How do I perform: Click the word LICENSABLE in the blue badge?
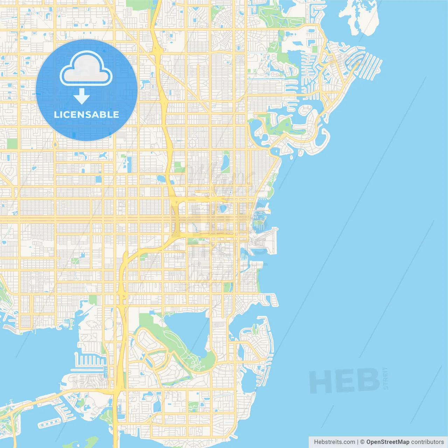coord(86,114)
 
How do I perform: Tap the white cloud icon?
coord(86,69)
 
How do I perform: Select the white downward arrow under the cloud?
coord(82,96)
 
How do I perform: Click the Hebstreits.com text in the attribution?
coord(334,442)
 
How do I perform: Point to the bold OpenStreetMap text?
coord(387,442)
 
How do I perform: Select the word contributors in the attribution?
coord(427,442)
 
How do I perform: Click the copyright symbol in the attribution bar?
coord(363,442)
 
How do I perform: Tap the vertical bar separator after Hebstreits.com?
coord(358,442)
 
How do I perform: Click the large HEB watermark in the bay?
coord(344,380)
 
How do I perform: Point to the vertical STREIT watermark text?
coord(386,378)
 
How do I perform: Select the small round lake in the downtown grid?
coord(223,209)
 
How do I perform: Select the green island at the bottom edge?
coord(92,442)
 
